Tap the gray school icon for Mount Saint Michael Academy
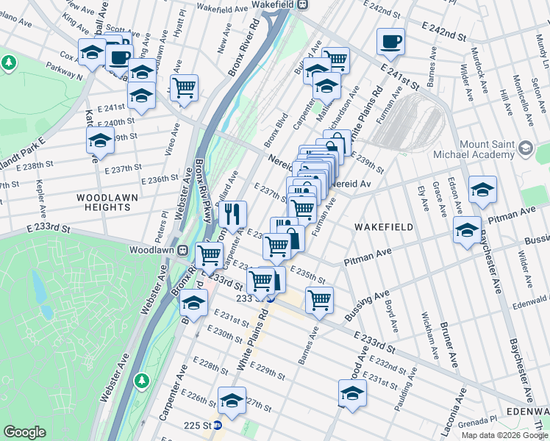[x=525, y=149]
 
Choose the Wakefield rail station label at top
[x=277, y=4]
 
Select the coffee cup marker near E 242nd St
[x=390, y=41]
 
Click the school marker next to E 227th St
[x=232, y=400]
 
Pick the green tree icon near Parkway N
[x=9, y=63]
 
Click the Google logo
[x=24, y=432]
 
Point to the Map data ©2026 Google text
[x=504, y=435]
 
